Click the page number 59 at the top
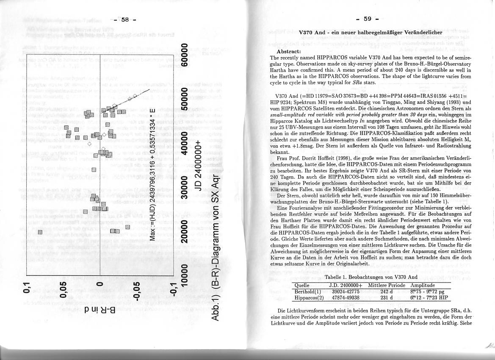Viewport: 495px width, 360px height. click(367, 19)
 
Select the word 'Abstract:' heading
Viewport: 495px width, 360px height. click(289, 51)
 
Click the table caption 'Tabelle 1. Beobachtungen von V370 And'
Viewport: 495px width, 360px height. click(365, 277)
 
